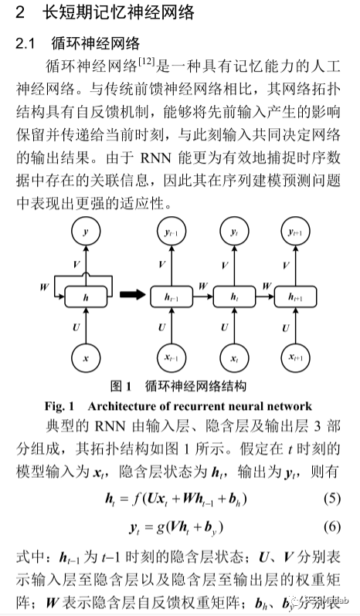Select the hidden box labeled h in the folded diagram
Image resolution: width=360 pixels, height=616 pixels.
point(86,295)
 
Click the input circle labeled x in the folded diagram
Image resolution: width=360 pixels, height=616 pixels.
point(86,358)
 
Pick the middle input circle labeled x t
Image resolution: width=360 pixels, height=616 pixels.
point(233,358)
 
